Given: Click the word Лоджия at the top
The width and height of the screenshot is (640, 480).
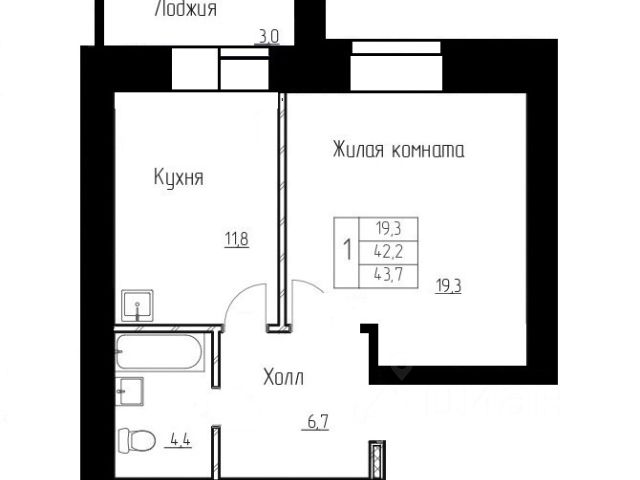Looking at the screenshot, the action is point(186,9).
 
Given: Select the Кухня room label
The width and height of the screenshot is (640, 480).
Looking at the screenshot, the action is point(178,178).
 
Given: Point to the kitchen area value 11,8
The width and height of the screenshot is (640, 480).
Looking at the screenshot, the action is point(237,239).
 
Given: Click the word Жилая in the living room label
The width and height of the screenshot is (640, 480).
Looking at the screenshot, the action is point(358,150).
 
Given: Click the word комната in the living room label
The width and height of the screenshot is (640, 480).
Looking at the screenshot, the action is point(428,151).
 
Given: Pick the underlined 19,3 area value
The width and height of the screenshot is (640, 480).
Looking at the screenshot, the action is point(448,286).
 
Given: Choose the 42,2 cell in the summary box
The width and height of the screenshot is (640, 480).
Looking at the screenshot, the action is point(388,252).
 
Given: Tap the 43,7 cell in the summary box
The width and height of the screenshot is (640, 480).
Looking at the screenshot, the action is point(388,275).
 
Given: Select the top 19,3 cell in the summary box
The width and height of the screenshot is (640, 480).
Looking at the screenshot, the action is point(388,229).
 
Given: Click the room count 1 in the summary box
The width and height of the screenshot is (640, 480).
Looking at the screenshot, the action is point(347,250).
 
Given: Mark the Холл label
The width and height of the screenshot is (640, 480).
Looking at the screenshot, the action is point(283,377).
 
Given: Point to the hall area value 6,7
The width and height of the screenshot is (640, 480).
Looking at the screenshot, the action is point(316,422).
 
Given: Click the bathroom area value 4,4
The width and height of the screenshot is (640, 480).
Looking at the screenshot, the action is point(180,440).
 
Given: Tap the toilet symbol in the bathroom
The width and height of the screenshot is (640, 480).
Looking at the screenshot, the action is point(137,441).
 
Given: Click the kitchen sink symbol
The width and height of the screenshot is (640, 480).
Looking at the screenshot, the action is point(138,305).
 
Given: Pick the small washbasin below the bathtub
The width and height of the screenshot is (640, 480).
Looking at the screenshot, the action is point(129,391).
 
